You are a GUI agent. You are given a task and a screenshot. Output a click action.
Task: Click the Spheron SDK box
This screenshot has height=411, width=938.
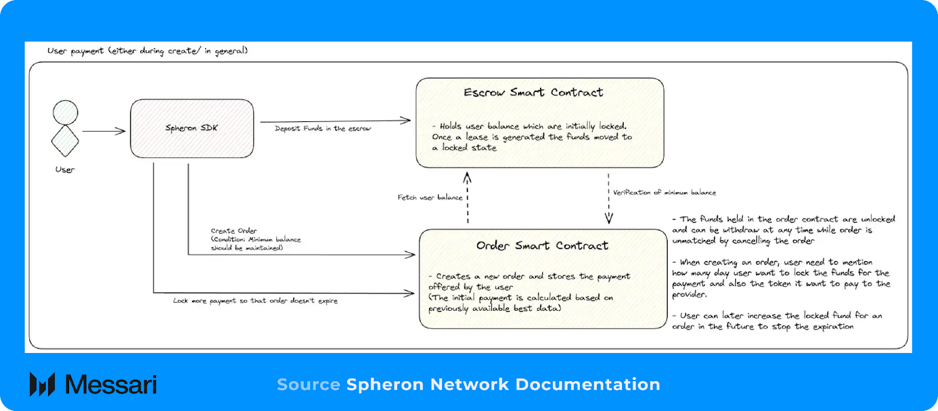pos(192,128)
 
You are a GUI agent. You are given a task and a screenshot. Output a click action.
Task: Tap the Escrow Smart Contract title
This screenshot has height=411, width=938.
pos(533,93)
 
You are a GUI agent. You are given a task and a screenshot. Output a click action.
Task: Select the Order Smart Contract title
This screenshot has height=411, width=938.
pos(542,246)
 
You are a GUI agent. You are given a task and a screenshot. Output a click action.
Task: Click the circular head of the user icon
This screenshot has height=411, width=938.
pos(65,112)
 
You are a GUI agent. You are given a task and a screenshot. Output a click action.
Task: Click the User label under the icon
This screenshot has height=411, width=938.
pos(65,170)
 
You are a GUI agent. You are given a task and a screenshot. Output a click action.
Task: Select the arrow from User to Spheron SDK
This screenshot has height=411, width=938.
pos(104,131)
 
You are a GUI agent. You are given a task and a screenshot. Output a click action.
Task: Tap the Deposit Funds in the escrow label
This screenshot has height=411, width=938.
pos(323,128)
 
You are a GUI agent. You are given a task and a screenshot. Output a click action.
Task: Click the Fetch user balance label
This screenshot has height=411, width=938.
pos(430,197)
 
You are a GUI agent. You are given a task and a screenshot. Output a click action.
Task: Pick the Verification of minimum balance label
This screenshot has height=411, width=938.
pos(664,192)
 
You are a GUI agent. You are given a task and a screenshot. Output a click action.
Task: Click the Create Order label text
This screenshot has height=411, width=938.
pos(234,231)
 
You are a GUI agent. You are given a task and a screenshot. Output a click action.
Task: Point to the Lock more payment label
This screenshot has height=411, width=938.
pos(255,301)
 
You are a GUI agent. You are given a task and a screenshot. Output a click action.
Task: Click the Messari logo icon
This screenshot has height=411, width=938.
pos(42,384)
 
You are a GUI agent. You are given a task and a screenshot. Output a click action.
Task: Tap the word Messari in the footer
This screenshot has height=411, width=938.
pos(111,385)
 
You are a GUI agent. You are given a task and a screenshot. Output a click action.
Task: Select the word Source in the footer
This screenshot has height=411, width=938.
pos(308,385)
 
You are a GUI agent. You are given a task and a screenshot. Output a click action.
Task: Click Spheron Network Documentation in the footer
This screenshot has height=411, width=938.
pos(503,385)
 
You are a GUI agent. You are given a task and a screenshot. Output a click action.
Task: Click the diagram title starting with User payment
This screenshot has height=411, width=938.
pos(147,51)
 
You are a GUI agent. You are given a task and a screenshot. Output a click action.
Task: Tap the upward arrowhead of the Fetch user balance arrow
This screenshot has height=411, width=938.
pos(467,176)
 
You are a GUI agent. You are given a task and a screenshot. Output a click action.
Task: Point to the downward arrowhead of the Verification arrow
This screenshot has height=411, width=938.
pos(609,219)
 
